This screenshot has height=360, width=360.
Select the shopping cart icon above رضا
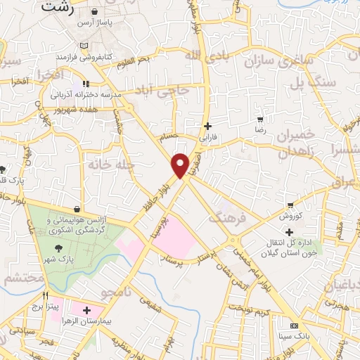pyautogui.click(x=260, y=119)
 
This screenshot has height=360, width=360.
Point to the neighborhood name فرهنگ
pyautogui.click(x=224, y=216)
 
